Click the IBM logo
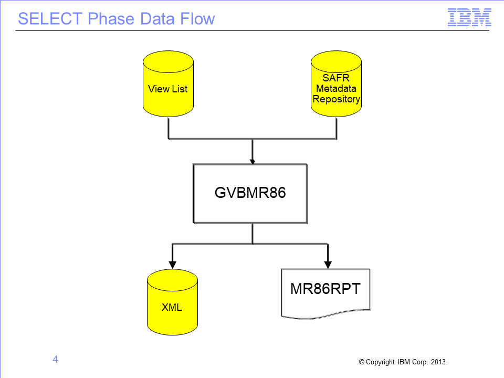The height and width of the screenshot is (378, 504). coord(469,17)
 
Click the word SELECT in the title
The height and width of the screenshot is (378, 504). coord(50,19)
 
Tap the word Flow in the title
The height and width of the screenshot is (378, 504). coord(197,19)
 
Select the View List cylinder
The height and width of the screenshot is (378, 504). coord(168,83)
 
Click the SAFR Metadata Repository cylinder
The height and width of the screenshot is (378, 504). coord(336,83)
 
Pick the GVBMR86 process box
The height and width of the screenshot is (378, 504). coord(250,194)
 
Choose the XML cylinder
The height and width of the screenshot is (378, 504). coord(172,302)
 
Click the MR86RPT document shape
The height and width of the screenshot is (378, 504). coord(325,293)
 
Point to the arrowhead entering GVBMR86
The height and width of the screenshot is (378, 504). coord(253,161)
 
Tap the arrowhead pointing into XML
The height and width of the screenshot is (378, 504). coord(173,265)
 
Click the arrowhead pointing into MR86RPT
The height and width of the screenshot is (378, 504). coord(328,265)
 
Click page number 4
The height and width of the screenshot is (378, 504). coord(55,359)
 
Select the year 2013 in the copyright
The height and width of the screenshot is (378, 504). coord(439,362)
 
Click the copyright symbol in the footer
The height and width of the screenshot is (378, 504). coord(362,362)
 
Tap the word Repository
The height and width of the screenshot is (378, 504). coord(336,99)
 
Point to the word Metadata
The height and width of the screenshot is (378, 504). coord(336,88)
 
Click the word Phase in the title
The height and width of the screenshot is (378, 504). coord(111,19)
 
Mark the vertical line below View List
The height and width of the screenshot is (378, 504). coord(169,128)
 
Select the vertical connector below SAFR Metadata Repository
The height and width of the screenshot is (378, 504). coord(336,128)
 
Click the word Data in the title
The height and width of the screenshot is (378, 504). coord(157,19)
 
